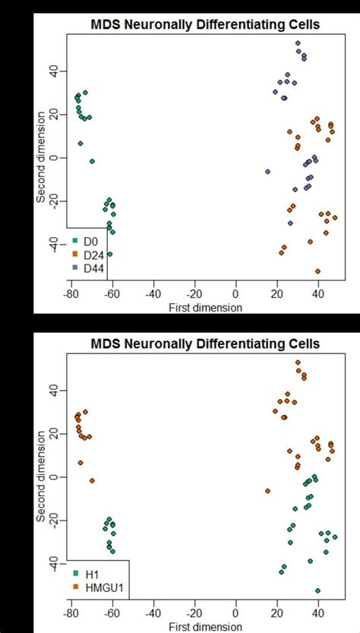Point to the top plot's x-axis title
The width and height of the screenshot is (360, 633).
point(205,308)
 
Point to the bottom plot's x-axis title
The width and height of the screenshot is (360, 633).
point(205,627)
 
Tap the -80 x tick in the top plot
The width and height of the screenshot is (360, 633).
point(71,296)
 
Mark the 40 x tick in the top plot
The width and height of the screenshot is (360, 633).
point(319,296)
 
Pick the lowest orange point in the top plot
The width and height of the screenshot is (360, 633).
point(318,271)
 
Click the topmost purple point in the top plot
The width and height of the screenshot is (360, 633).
point(298,43)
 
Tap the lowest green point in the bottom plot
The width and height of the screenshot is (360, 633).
point(318,590)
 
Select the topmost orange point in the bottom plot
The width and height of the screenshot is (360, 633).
point(298,362)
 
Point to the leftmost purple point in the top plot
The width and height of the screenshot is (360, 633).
point(267,172)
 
